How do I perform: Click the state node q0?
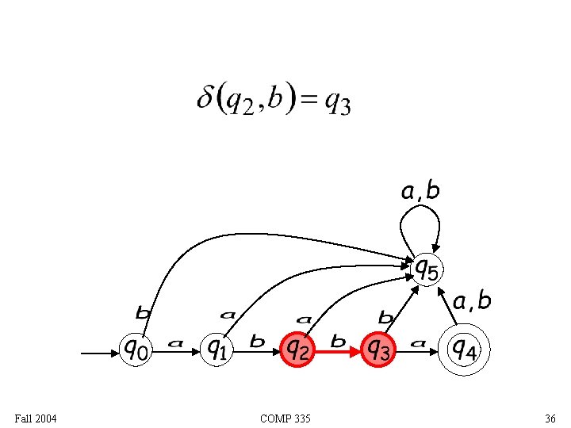tap(135, 347)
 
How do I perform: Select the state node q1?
tap(217, 347)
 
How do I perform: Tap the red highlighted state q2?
tap(297, 347)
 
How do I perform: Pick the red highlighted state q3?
tap(378, 347)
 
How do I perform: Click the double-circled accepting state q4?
tap(464, 347)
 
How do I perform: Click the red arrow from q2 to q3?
tap(339, 348)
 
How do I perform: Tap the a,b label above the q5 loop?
tap(420, 190)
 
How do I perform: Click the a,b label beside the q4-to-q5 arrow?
tap(472, 301)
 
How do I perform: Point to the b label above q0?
tap(144, 315)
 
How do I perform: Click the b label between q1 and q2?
tap(257, 342)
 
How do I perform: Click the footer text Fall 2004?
tap(36, 418)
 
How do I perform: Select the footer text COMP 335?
tap(285, 418)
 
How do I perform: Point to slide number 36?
tap(550, 418)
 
